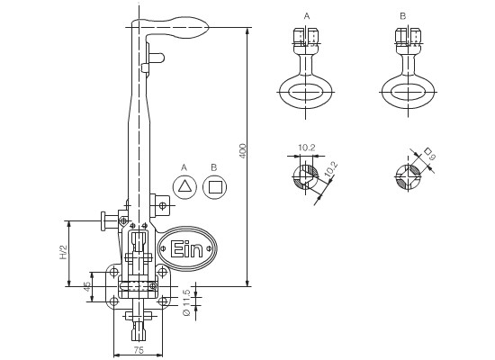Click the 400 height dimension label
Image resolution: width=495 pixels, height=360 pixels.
coord(242,151)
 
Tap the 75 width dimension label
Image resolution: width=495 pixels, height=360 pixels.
coord(139,350)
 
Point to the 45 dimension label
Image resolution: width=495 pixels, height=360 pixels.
coord(87,286)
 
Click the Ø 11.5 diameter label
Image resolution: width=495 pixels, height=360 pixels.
coord(186,302)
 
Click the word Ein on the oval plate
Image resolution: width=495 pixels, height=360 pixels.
coord(186,248)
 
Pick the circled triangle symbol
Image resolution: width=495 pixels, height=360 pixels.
coord(184,187)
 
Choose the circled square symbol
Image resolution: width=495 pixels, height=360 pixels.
coord(214,187)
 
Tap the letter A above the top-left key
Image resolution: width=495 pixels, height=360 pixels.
coord(307,16)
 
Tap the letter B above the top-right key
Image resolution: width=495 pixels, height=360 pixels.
coord(403,16)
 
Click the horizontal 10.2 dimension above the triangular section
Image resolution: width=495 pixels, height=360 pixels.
coord(307,148)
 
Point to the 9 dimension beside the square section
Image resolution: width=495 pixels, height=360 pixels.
coord(432,157)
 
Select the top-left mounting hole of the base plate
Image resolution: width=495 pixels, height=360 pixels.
coord(113,272)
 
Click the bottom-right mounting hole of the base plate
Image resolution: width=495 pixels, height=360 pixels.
coord(163,301)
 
